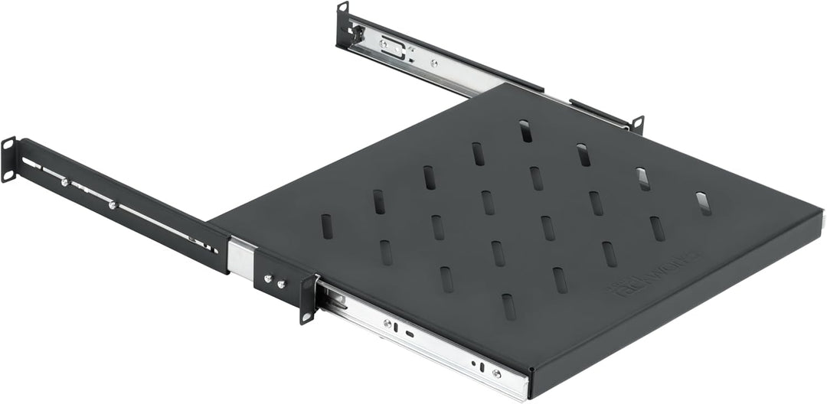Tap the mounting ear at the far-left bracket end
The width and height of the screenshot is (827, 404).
click(8, 159)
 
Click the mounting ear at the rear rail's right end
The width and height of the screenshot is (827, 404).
click(637, 124)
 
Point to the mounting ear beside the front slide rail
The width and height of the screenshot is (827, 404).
click(308, 298)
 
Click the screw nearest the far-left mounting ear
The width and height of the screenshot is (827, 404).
click(64, 181)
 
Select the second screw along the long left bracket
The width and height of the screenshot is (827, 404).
click(113, 204)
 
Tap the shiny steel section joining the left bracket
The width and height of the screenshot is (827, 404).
click(242, 257)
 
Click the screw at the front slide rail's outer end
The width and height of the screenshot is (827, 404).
click(496, 373)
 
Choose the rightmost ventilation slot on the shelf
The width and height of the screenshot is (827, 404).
click(703, 203)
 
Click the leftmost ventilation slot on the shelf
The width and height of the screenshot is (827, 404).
click(327, 226)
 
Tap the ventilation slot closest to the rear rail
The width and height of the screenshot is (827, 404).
click(525, 130)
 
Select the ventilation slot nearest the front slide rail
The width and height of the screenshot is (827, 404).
click(507, 307)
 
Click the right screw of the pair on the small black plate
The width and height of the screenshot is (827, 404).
click(282, 285)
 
